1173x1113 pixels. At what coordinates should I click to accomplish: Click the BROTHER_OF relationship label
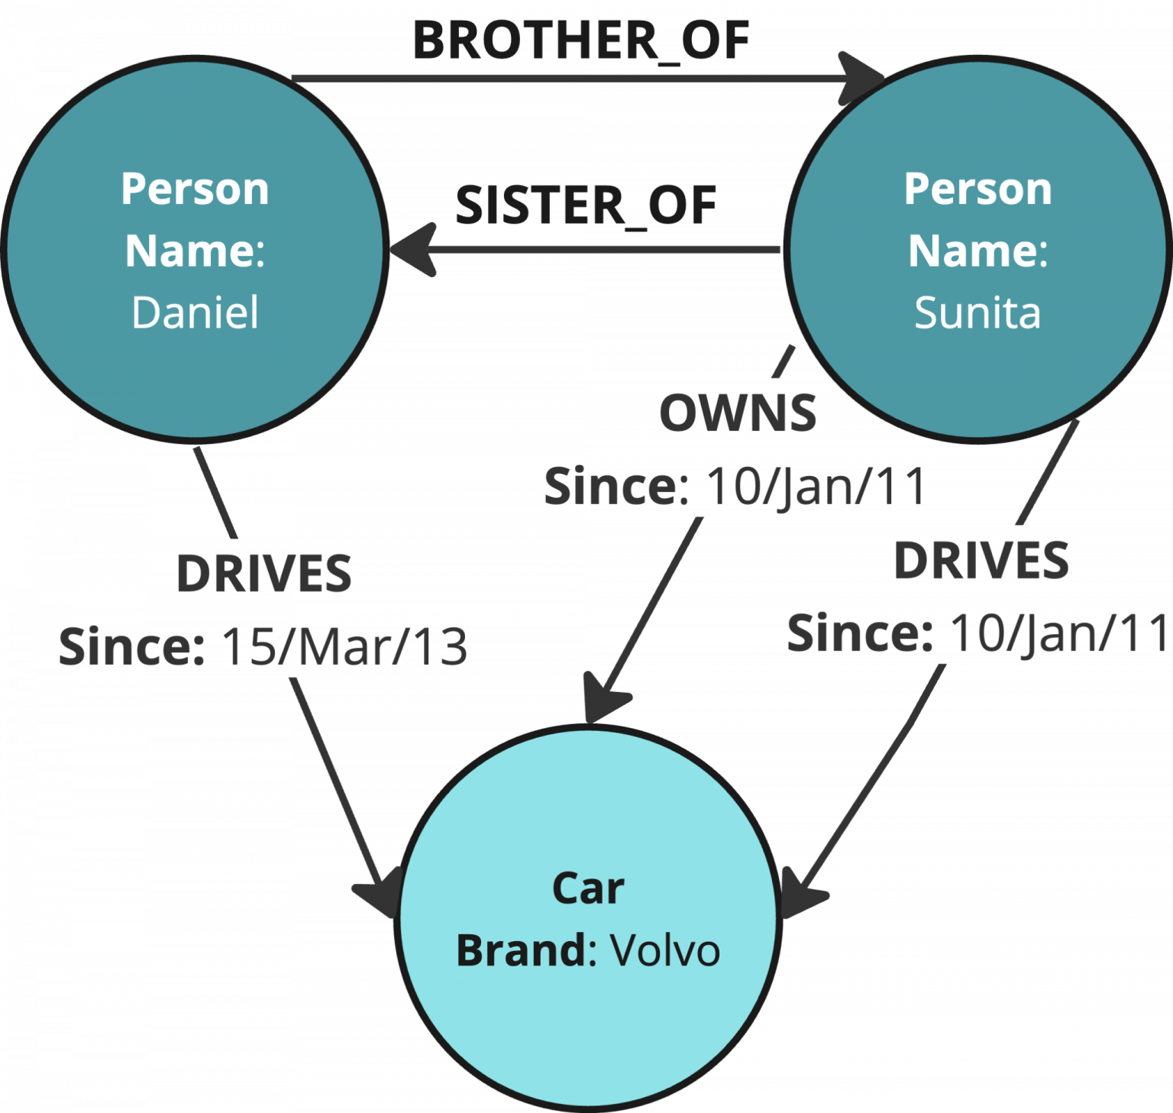click(x=581, y=40)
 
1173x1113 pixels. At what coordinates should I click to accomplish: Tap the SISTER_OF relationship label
click(x=585, y=205)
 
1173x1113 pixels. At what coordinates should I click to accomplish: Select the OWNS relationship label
click(x=738, y=413)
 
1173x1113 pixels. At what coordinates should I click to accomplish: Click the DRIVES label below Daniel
click(x=264, y=573)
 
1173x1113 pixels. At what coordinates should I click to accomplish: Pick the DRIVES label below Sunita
click(x=981, y=560)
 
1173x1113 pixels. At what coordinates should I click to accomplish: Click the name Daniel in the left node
click(x=195, y=312)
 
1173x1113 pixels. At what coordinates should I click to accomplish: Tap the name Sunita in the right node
click(x=977, y=312)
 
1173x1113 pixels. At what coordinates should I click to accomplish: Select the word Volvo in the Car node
click(x=664, y=951)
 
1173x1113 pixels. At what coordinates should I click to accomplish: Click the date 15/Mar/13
click(x=344, y=647)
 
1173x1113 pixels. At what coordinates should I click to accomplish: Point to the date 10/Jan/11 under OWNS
click(x=815, y=486)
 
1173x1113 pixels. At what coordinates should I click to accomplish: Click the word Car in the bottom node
click(x=588, y=888)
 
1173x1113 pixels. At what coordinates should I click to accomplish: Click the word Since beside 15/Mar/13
click(x=130, y=647)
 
